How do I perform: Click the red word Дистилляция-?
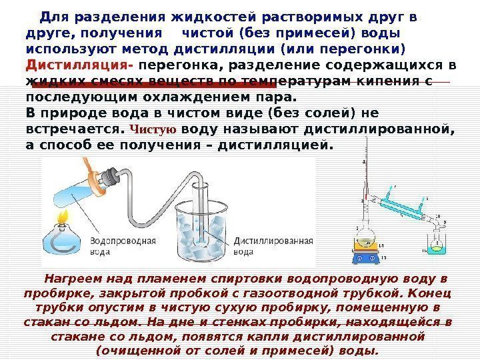point(80,66)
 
